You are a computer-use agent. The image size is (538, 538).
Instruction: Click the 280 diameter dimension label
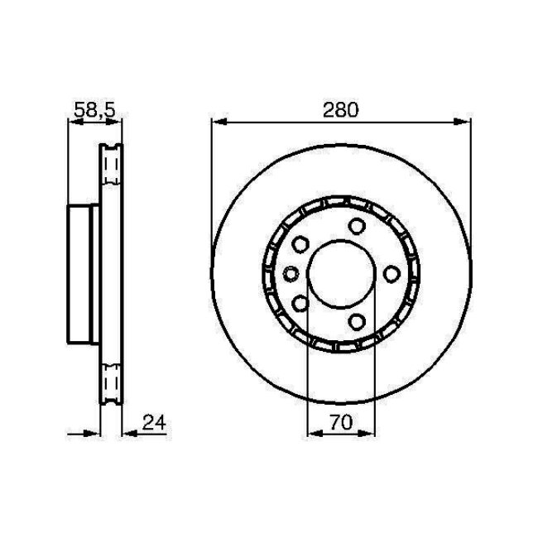(x=340, y=109)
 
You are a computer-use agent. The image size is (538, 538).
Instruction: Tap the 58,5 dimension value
(x=94, y=109)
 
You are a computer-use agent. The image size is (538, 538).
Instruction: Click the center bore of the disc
(x=339, y=273)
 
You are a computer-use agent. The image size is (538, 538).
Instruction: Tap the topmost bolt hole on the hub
(x=356, y=226)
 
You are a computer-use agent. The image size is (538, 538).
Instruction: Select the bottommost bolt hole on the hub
(x=356, y=321)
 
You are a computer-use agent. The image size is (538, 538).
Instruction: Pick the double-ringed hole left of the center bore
(x=291, y=273)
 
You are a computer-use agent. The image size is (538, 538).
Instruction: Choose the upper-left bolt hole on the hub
(x=300, y=244)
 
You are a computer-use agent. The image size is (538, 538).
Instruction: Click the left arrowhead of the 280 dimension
(x=217, y=122)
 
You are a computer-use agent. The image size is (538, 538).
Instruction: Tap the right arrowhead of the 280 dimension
(x=464, y=122)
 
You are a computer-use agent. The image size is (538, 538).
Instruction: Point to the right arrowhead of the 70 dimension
(x=366, y=432)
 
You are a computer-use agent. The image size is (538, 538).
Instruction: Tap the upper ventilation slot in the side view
(x=110, y=168)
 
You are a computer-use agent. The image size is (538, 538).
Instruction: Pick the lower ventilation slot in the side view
(x=110, y=378)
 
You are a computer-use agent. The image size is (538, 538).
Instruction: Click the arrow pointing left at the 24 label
(x=129, y=432)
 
